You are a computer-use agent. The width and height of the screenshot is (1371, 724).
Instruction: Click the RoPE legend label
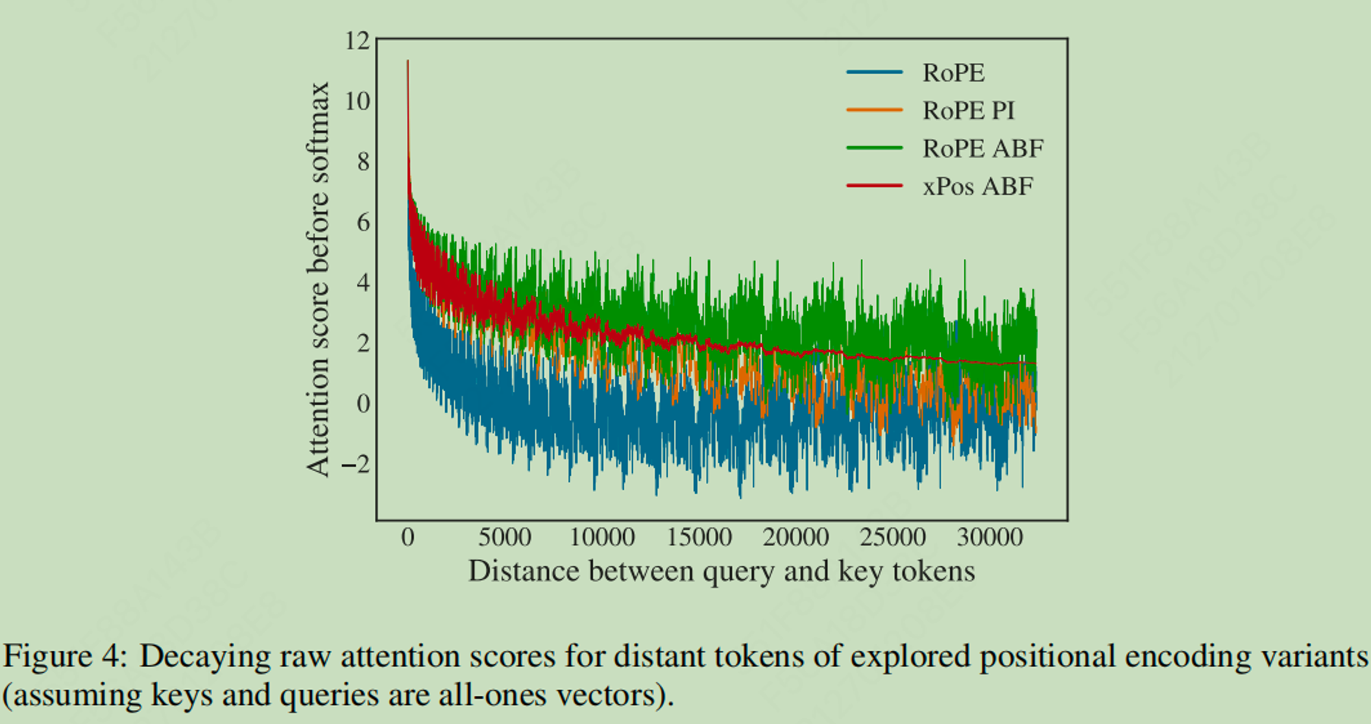point(953,73)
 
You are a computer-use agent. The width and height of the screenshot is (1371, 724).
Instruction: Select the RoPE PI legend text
point(968,110)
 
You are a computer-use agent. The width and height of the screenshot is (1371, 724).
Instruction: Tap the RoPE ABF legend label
point(982,148)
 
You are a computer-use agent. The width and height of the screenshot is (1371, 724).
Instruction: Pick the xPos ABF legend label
point(978,186)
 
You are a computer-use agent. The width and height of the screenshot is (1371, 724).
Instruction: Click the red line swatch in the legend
point(874,186)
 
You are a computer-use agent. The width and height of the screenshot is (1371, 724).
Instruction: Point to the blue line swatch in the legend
point(874,72)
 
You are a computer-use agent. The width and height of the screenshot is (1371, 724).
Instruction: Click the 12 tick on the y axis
point(357,41)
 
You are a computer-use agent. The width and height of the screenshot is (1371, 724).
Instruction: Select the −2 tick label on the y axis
point(355,464)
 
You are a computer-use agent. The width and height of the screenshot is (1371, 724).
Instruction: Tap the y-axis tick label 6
point(363,222)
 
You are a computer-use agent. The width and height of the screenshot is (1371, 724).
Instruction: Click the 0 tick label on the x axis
point(408,537)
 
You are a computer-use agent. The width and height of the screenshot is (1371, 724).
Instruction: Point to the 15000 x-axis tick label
point(699,537)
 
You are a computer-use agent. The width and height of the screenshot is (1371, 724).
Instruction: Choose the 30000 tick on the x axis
point(990,537)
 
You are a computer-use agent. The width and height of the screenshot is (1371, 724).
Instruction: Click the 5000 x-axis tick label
point(505,537)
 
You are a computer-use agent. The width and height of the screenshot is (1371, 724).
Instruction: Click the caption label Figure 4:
point(65,657)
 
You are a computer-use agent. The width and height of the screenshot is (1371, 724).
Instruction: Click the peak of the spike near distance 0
point(408,62)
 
